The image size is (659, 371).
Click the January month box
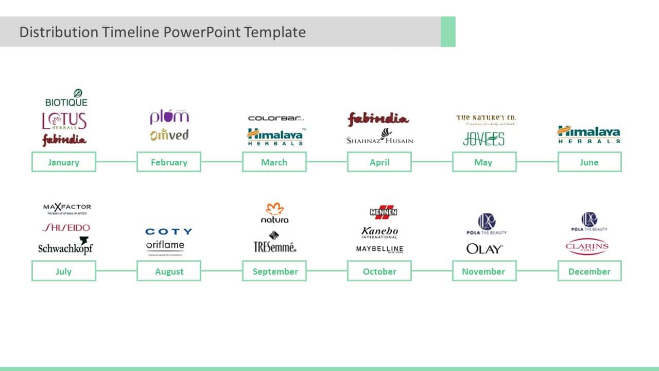pos(63,162)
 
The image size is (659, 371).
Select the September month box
pos(274,271)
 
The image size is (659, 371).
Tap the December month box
pos(589,271)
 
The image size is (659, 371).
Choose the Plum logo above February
pos(169,116)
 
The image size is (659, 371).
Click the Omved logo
pos(169,134)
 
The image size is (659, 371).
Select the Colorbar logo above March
pos(275,119)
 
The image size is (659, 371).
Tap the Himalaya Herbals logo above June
pos(588,134)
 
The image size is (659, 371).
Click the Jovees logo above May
pos(483,139)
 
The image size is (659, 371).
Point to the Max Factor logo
pos(67,208)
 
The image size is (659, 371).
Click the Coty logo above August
pos(168,232)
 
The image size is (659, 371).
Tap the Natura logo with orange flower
pos(274,213)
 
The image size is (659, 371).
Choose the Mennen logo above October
pos(383,212)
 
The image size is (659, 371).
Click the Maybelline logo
pos(379,249)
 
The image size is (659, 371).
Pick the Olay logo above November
pos(484,249)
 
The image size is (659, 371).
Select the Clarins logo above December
pos(587,247)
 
